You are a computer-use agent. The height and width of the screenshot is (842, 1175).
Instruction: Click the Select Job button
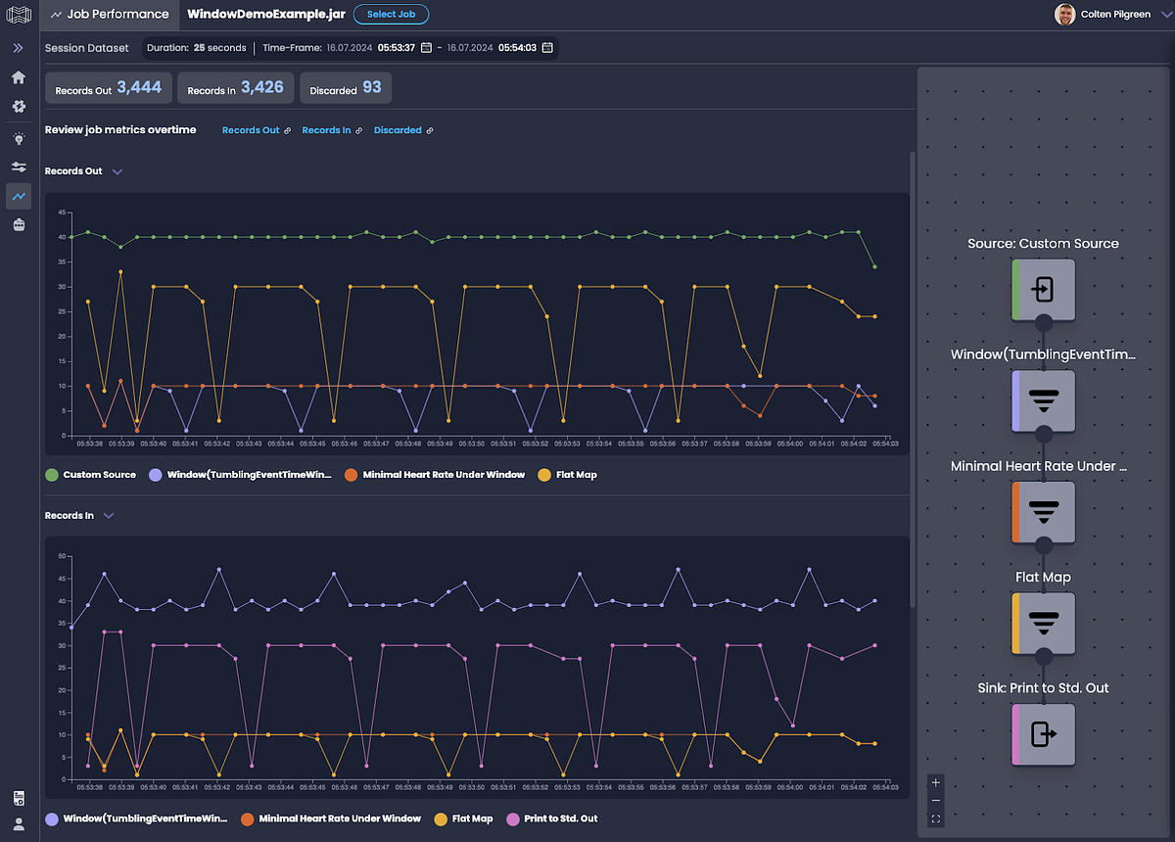391,15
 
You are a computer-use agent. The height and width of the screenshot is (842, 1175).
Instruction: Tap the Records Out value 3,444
139,88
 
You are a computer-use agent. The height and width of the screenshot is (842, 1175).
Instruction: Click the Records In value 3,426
261,88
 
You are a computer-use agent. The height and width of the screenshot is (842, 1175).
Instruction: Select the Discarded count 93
371,88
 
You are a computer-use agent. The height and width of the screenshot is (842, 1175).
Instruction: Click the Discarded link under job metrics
398,130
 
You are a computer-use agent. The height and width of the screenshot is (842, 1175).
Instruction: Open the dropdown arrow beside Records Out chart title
117,171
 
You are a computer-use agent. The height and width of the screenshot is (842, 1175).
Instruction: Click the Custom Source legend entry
99,475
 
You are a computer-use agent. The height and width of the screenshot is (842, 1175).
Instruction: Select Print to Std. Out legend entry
560,819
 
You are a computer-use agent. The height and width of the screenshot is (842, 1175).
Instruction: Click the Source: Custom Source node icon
1044,290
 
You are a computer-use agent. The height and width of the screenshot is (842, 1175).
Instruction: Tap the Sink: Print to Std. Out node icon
1044,734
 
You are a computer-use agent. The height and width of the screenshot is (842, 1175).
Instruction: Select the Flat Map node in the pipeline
1044,623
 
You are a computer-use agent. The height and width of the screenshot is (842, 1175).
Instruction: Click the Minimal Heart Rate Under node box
1044,512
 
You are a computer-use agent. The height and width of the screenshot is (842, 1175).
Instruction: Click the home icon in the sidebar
19,77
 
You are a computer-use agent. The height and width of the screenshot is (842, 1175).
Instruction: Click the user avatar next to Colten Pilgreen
1064,15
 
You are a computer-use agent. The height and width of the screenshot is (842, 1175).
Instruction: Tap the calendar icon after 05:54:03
547,48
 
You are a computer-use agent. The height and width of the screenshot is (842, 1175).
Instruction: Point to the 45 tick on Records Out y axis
61,212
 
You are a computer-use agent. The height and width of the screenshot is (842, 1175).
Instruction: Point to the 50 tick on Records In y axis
61,556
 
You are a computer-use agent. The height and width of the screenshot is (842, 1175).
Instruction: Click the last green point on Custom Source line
874,266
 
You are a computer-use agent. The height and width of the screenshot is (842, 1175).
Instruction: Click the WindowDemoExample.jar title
263,15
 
